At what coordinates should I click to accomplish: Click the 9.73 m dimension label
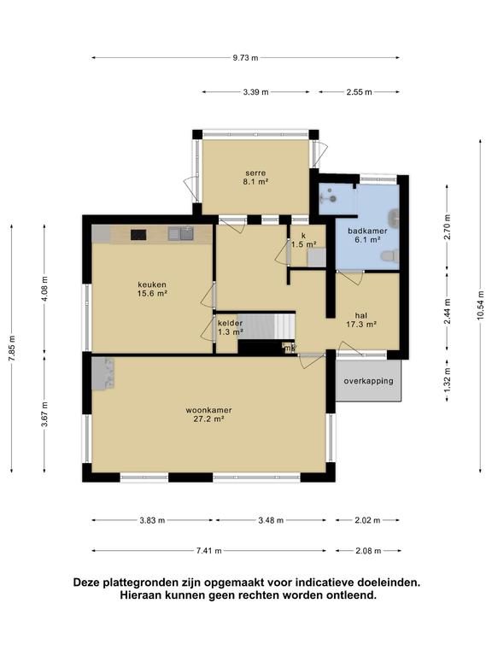click(246, 58)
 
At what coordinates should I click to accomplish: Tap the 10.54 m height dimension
click(480, 305)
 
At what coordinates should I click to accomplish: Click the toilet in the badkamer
click(389, 256)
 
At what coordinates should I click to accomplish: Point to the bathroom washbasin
click(393, 217)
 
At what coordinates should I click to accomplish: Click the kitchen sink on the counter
click(180, 233)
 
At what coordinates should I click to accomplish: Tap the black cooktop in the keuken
click(138, 235)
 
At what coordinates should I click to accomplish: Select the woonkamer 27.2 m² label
click(208, 414)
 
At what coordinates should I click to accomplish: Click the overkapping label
click(369, 381)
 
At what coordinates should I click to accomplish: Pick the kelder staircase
click(266, 326)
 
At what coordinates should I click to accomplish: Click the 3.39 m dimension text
click(255, 92)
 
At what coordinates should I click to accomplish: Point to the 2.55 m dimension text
click(359, 92)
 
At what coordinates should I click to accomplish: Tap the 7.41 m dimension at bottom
click(208, 551)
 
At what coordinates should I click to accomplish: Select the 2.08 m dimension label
click(368, 551)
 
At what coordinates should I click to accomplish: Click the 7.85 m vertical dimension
click(11, 348)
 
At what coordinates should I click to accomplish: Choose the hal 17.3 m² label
click(361, 319)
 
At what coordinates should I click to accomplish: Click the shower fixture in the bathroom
click(330, 195)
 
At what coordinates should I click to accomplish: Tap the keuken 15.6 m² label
click(152, 289)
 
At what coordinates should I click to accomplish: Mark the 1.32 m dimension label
click(448, 380)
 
